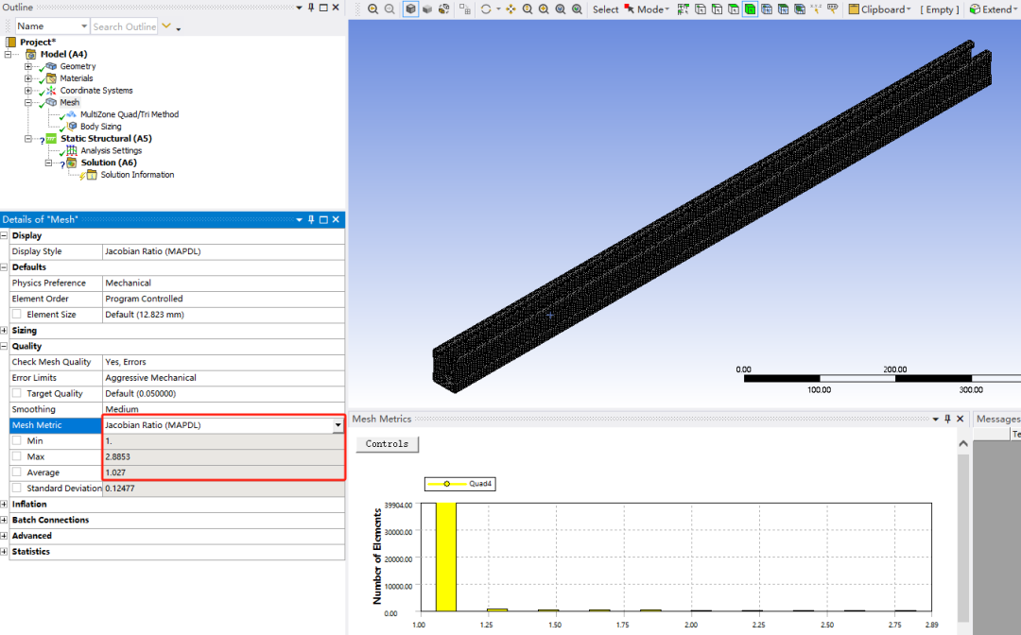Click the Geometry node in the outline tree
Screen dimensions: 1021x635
pos(78,66)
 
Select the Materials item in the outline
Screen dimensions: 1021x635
pos(77,78)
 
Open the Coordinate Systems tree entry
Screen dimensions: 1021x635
pos(96,91)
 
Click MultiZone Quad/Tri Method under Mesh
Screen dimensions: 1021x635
pos(129,114)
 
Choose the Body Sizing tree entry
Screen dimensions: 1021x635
pos(100,127)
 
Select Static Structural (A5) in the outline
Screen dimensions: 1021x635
pos(106,139)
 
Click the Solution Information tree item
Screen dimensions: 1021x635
pos(137,175)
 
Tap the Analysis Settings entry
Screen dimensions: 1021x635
pos(112,150)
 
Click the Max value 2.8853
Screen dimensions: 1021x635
pos(118,456)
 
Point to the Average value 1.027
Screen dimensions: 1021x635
pos(115,472)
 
